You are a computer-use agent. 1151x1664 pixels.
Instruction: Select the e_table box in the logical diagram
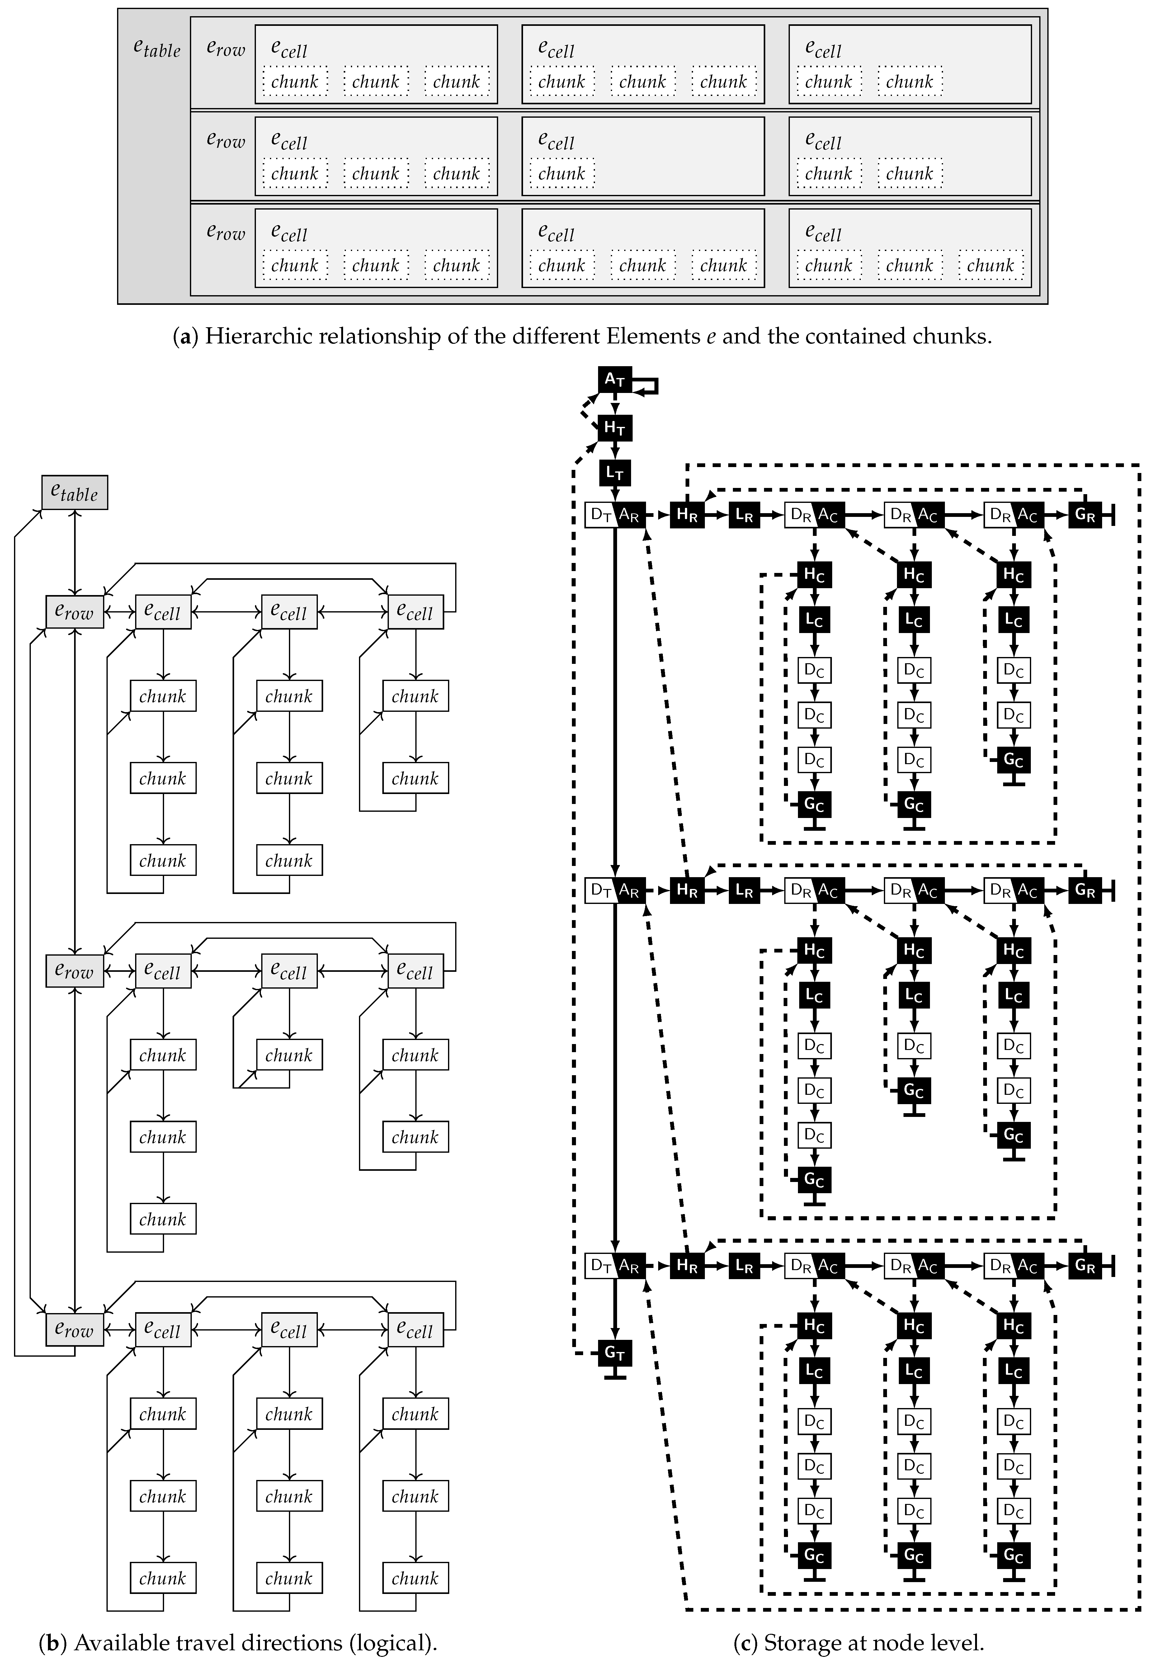[x=74, y=493]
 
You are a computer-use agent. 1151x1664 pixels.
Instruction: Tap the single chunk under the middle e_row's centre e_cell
[x=289, y=1055]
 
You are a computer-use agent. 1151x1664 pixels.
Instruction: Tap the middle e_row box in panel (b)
[x=74, y=971]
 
